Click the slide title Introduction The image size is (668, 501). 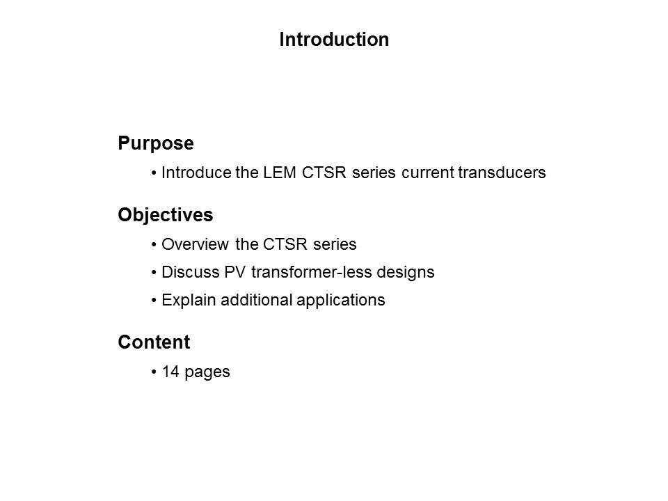point(334,40)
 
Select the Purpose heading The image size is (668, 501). point(155,143)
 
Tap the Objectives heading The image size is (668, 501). point(166,215)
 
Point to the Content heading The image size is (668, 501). point(154,342)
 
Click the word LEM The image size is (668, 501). point(280,173)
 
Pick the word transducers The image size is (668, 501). point(502,173)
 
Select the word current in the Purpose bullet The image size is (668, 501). point(428,173)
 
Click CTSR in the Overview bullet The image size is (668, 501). point(285,244)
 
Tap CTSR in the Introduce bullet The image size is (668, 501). point(324,173)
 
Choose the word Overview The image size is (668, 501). point(195,244)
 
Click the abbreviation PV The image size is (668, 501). point(234,272)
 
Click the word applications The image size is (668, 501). point(341,301)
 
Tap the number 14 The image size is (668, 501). point(170,372)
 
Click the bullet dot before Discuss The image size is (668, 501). point(154,273)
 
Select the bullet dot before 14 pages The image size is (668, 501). point(154,372)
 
